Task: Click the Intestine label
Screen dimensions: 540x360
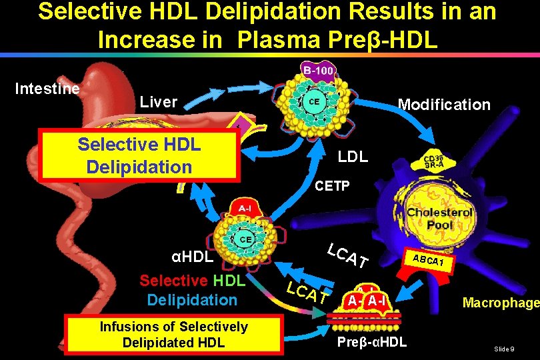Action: pos(47,89)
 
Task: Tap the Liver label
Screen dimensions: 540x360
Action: pos(159,102)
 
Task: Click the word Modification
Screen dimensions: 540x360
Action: pos(444,104)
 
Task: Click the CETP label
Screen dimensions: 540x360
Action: pos(331,186)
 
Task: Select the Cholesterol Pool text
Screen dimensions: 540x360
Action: pos(439,219)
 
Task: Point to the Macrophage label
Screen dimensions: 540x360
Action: pos(500,303)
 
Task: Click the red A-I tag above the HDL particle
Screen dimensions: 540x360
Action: pos(244,208)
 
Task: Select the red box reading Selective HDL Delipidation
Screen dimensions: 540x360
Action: pos(139,155)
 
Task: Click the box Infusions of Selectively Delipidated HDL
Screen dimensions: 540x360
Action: pos(173,335)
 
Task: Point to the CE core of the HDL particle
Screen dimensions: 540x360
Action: pos(245,239)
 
